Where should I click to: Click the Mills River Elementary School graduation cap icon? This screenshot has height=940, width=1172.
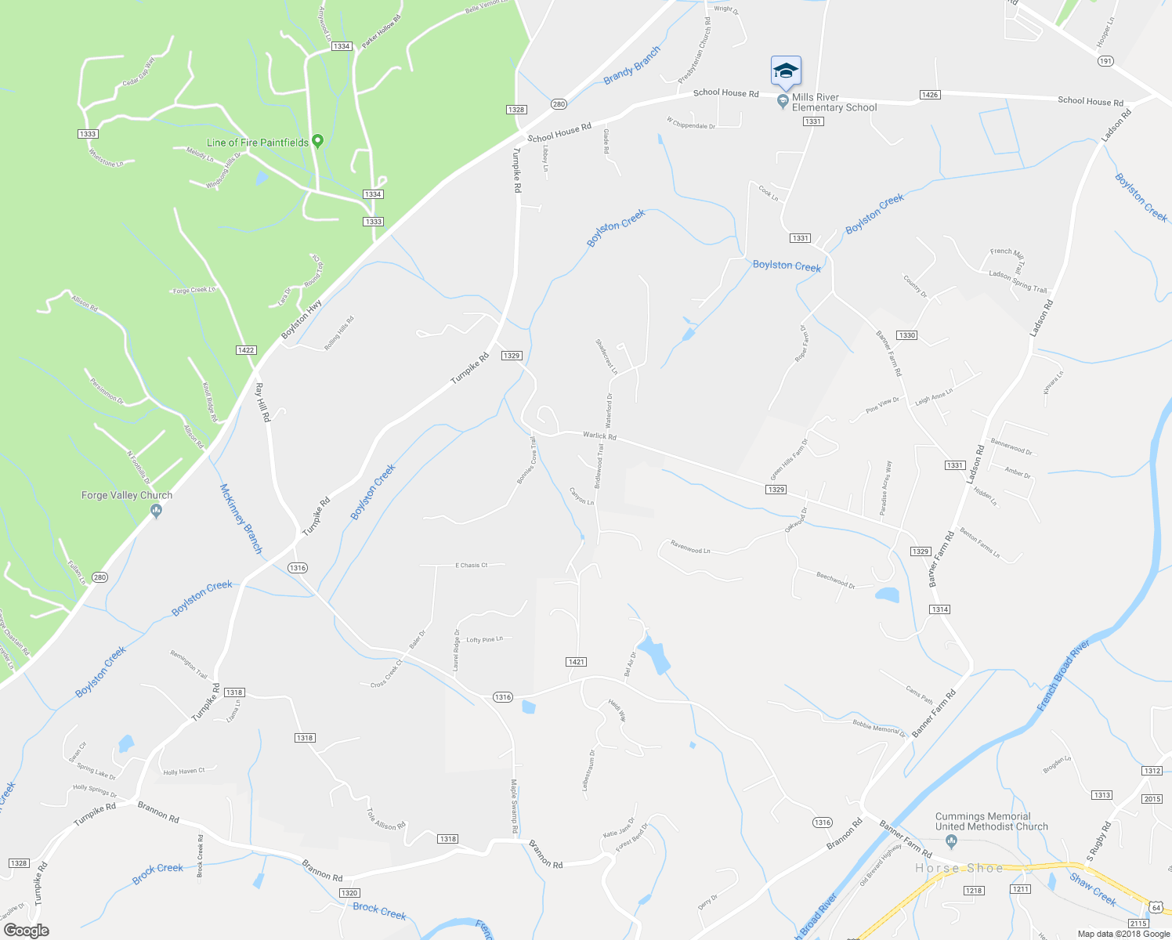786,71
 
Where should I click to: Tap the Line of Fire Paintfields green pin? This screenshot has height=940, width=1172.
317,142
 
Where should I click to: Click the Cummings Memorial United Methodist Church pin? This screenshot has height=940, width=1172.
952,842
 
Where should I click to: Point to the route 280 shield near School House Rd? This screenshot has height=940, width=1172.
558,104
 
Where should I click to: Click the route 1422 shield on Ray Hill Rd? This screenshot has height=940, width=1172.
246,350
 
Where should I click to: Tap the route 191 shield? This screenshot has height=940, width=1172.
1105,61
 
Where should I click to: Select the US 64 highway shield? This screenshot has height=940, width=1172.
1156,907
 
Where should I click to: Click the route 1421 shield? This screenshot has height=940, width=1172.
576,662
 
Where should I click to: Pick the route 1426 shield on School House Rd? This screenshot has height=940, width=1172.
929,95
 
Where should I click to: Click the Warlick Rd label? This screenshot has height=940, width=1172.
599,436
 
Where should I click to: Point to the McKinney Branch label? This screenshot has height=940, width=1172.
241,519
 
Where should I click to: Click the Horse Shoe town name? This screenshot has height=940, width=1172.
959,868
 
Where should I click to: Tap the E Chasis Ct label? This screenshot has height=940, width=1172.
471,565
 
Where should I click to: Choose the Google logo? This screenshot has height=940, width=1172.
27,930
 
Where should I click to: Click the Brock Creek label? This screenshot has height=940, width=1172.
157,873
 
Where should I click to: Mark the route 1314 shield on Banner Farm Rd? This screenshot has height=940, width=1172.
939,609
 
